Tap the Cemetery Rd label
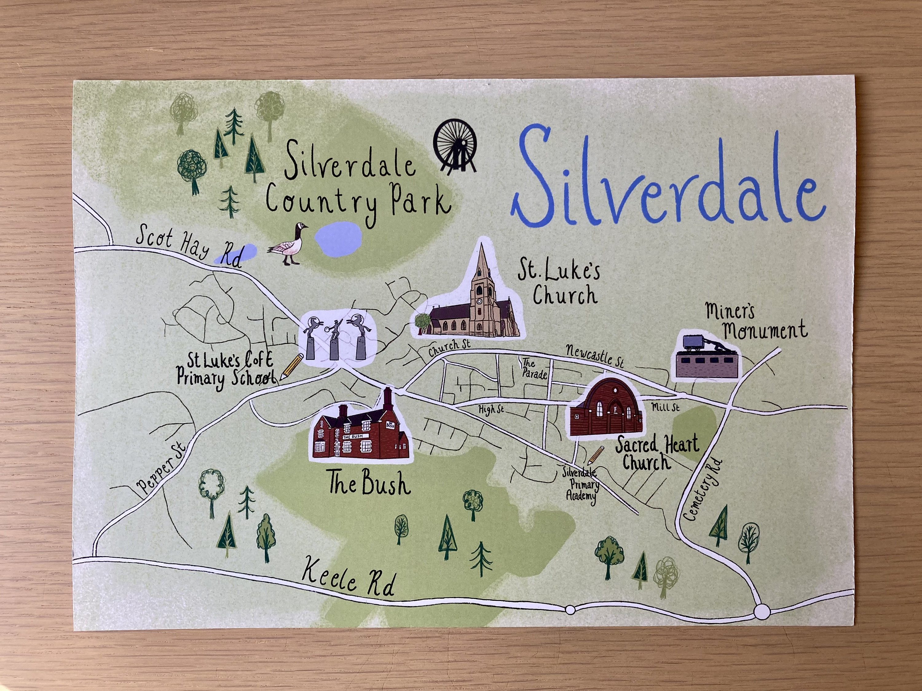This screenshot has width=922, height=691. tap(702, 490)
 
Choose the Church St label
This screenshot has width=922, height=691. tap(449, 347)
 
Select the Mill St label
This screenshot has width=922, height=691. tap(665, 407)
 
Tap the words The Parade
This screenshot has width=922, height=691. tap(534, 369)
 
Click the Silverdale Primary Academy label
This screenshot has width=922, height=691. tap(581, 484)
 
